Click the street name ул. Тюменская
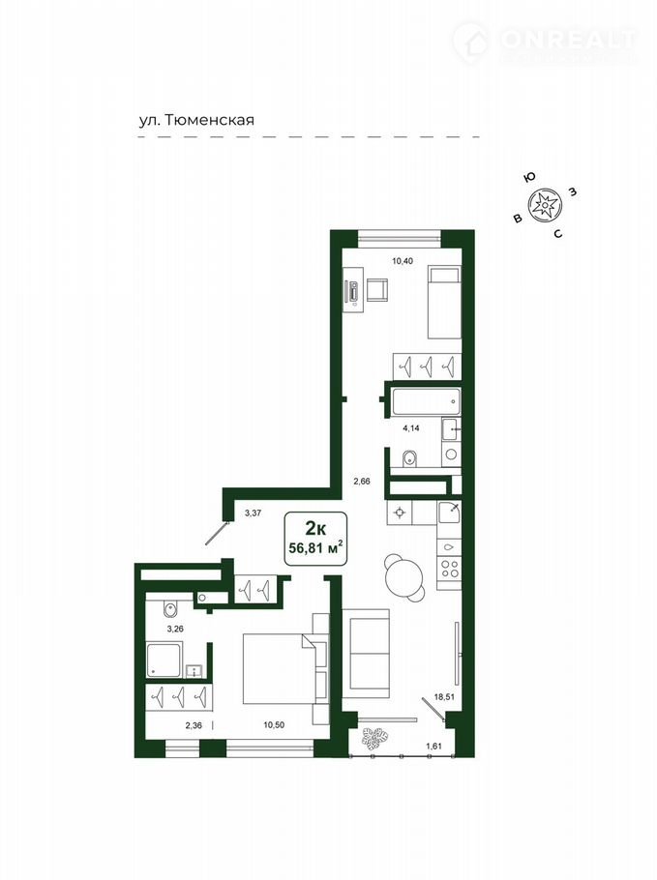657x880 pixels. (x=196, y=120)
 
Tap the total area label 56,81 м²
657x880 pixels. (x=316, y=547)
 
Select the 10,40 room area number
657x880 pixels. (x=403, y=260)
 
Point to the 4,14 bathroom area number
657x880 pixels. (x=411, y=427)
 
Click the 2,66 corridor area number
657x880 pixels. (x=362, y=481)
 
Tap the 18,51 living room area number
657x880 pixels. (x=443, y=697)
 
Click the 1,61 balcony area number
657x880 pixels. (x=434, y=746)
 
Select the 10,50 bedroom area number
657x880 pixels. (x=274, y=724)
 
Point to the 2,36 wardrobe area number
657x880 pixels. (x=194, y=725)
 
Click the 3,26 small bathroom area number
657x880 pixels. (x=175, y=629)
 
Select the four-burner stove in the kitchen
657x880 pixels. (x=449, y=569)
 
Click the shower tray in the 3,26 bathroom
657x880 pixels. (x=164, y=660)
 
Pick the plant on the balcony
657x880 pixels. (x=373, y=739)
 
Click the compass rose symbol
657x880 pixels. (x=544, y=205)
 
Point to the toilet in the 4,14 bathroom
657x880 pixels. (x=410, y=459)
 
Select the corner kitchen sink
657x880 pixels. (x=450, y=513)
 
